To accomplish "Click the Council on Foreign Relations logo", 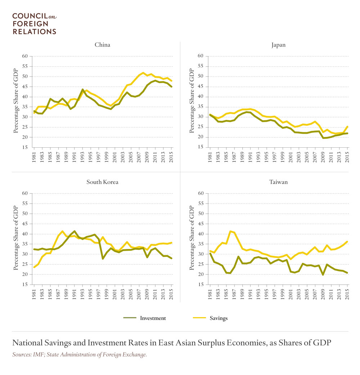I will pos(34,24).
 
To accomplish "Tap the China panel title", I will pos(102,45).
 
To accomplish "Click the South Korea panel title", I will pos(102,182).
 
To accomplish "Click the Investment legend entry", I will pos(145,318).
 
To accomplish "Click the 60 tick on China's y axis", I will pos(25,56).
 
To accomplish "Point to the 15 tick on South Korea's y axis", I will pos(25,285).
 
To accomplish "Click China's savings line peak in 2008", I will pos(143,73).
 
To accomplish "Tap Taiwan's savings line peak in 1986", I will pos(230,231).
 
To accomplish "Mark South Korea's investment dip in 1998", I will pos(103,259).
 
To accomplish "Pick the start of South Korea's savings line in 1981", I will pos(34,267).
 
